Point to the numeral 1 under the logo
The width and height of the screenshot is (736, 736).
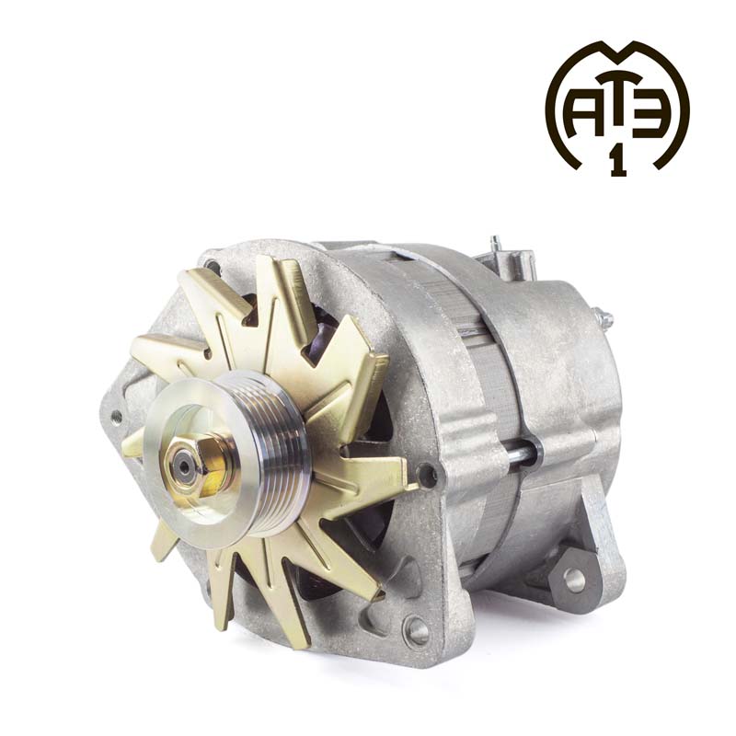pyautogui.click(x=618, y=163)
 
